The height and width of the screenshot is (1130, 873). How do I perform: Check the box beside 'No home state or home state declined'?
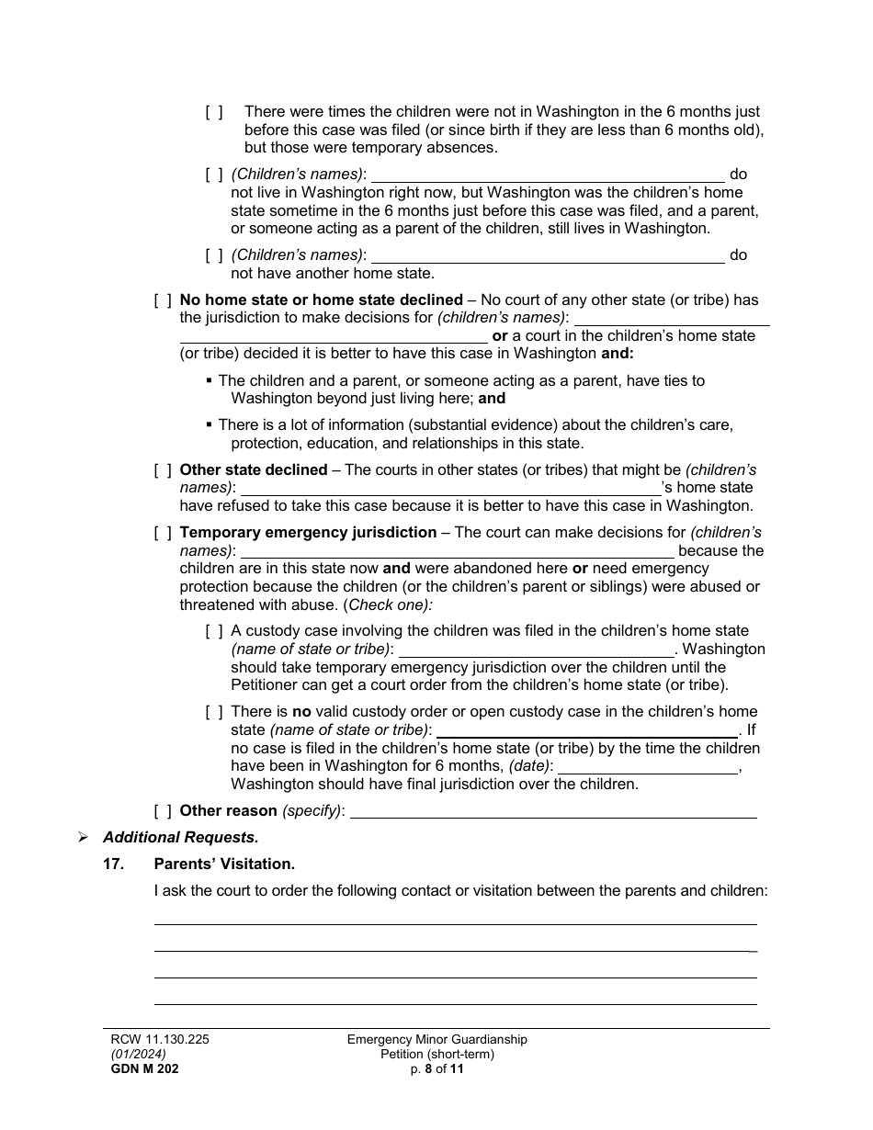click(x=163, y=300)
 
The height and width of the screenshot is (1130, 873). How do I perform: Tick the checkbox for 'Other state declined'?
click(x=163, y=470)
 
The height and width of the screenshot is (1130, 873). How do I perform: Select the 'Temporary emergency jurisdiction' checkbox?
click(x=163, y=533)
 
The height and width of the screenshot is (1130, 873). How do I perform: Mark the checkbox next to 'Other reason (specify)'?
click(x=163, y=811)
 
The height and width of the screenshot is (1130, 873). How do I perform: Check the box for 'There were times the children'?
click(x=214, y=112)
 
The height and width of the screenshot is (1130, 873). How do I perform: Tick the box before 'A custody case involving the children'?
click(x=214, y=631)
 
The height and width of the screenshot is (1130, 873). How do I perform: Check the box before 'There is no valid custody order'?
click(x=214, y=712)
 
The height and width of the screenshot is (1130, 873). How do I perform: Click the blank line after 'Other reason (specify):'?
click(x=554, y=811)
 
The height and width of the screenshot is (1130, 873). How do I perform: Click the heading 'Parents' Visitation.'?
click(x=224, y=864)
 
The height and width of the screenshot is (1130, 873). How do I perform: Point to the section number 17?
click(x=113, y=864)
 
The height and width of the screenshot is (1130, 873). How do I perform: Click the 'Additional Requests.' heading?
click(x=181, y=838)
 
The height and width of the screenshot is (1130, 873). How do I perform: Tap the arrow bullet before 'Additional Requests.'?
click(x=83, y=838)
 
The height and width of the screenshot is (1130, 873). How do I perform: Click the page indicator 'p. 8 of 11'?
click(x=437, y=1068)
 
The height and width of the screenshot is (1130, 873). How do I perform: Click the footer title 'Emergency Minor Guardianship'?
click(x=437, y=1040)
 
